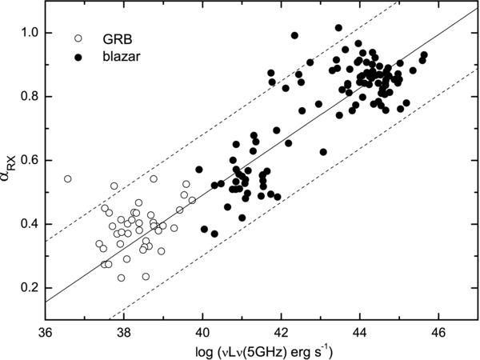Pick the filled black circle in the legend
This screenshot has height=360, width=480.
click(x=77, y=57)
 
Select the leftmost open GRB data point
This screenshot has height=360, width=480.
click(x=67, y=179)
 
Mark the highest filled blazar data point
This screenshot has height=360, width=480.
click(x=338, y=28)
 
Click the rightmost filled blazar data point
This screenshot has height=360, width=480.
click(x=424, y=55)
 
